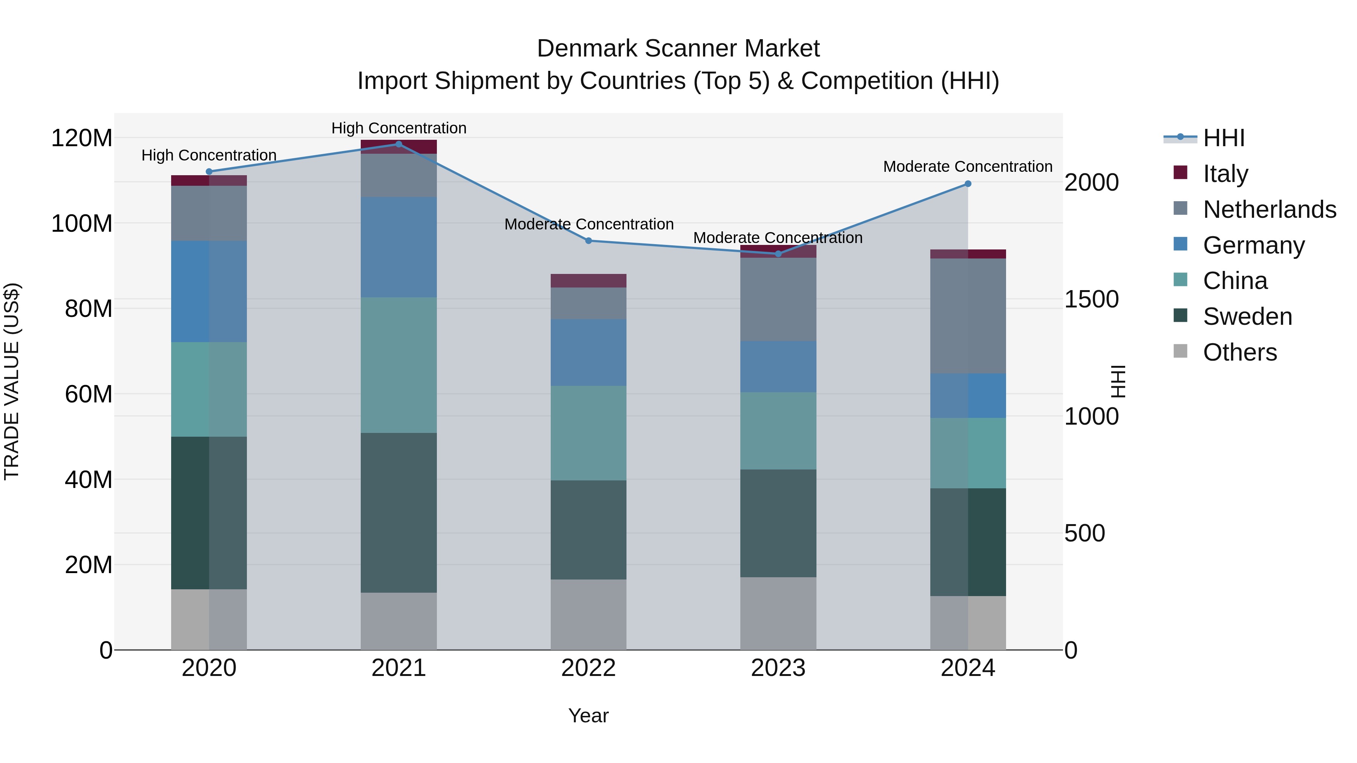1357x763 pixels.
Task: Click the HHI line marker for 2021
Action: coord(399,144)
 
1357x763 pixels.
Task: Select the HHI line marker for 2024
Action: coord(968,184)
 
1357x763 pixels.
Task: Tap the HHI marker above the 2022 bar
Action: coord(588,241)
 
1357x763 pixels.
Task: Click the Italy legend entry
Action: coord(1225,173)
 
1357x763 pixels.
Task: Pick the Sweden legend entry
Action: coord(1247,317)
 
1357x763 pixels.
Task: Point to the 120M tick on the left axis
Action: coord(82,139)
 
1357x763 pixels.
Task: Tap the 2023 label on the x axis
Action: coord(778,668)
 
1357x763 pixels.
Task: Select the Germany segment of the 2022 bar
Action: coord(588,352)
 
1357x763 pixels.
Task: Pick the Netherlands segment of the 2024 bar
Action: coord(968,316)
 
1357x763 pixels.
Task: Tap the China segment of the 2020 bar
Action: coord(209,389)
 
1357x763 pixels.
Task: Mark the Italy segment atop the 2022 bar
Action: coord(588,281)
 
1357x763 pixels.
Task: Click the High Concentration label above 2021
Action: coord(399,128)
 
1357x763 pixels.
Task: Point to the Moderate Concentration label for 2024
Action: coord(968,167)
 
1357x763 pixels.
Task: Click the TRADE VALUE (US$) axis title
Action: coord(12,381)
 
